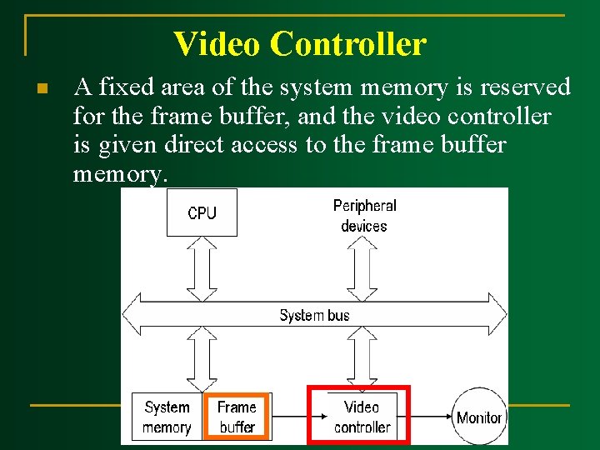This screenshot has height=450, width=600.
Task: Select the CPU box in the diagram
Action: pyautogui.click(x=202, y=212)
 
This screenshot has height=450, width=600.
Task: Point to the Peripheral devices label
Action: pyautogui.click(x=364, y=215)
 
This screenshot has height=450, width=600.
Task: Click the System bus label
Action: pyautogui.click(x=314, y=315)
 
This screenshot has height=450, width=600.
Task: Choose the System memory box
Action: pyautogui.click(x=167, y=417)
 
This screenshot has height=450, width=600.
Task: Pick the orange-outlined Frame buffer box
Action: pyautogui.click(x=237, y=417)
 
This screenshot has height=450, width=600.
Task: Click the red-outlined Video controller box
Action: pyautogui.click(x=360, y=416)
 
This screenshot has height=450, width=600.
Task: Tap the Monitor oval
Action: pyautogui.click(x=479, y=417)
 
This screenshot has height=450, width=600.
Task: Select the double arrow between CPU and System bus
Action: pyautogui.click(x=202, y=267)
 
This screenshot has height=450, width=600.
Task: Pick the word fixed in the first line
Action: pyautogui.click(x=119, y=87)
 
